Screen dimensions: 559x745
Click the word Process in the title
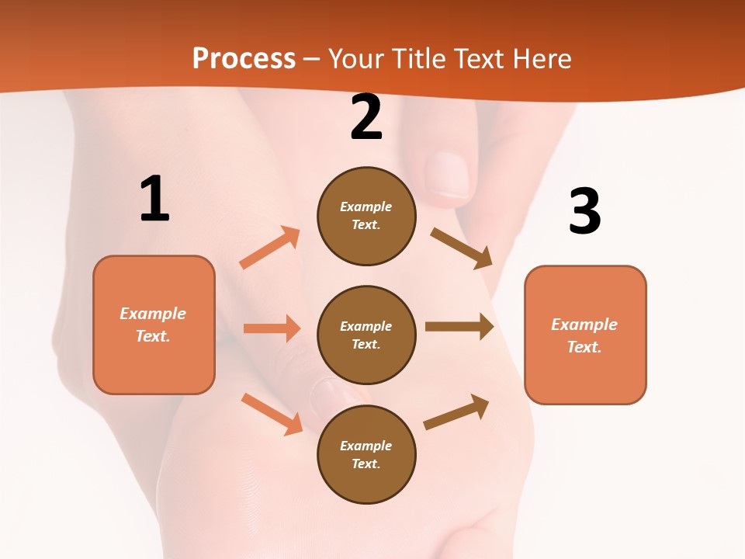tap(244, 58)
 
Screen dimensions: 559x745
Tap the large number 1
tap(154, 200)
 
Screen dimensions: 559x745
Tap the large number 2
tap(366, 117)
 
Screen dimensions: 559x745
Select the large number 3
tap(584, 211)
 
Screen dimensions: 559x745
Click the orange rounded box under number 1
tap(154, 325)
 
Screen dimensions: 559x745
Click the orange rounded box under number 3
tap(585, 335)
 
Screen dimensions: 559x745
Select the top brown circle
tap(366, 216)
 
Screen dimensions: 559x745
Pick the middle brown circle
tap(366, 335)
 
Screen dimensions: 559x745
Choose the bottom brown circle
tap(366, 454)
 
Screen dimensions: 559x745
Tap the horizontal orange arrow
tap(272, 328)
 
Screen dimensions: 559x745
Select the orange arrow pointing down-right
tap(272, 414)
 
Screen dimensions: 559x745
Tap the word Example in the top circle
tap(366, 207)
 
